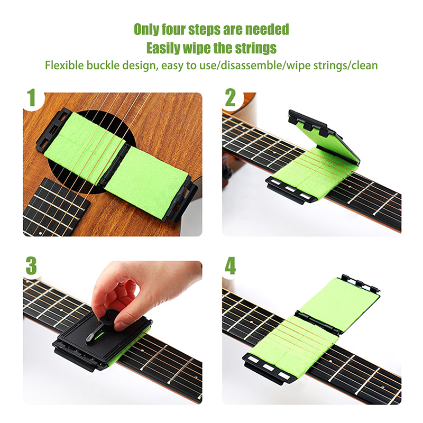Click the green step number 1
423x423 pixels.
click(32, 98)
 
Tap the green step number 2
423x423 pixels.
click(231, 98)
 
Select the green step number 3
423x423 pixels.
click(31, 265)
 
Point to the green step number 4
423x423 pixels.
click(231, 265)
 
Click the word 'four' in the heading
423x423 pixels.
click(173, 29)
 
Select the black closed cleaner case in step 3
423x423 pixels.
click(103, 342)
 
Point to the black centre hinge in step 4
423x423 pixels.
click(317, 322)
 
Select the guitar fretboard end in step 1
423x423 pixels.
click(56, 206)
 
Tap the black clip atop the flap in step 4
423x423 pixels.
click(360, 284)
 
